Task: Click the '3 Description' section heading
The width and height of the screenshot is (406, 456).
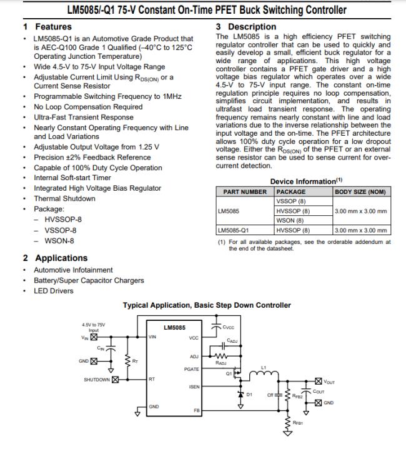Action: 245,27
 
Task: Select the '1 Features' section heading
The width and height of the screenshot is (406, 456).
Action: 47,27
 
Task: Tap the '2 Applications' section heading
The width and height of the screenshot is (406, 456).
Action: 55,258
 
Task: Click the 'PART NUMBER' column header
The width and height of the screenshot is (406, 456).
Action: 244,191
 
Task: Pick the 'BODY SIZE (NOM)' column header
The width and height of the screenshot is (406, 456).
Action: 360,191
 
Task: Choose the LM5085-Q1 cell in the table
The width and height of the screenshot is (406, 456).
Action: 232,230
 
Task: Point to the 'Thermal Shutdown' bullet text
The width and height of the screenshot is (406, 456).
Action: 64,198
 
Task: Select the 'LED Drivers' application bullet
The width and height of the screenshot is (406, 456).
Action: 53,291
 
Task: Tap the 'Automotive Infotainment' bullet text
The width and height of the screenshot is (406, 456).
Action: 73,270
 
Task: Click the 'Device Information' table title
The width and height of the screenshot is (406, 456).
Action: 303,181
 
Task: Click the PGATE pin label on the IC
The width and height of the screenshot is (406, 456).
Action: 192,370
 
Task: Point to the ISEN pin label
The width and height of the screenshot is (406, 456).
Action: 194,387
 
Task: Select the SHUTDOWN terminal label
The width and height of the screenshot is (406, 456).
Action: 97,380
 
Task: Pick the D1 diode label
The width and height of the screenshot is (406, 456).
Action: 249,395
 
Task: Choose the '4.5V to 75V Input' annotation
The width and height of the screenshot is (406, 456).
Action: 94,327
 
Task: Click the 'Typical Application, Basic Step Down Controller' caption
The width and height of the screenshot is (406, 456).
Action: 207,305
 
